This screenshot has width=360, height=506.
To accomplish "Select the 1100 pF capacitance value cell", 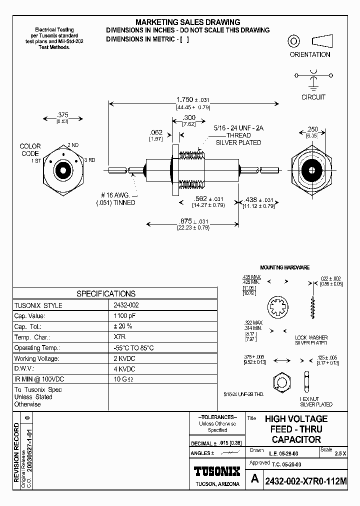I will [124, 316].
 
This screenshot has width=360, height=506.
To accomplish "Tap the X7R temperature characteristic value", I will [119, 337].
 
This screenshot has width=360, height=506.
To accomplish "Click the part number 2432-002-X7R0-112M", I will [305, 480].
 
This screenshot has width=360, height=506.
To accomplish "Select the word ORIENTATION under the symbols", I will [310, 54].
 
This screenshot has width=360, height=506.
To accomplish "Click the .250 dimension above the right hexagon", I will [312, 129].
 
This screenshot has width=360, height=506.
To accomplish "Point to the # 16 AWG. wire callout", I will [114, 195].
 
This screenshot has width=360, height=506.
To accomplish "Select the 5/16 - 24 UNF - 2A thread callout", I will [238, 128].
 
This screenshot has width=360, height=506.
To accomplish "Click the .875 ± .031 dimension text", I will [193, 221].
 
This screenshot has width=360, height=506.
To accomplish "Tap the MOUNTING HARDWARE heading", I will [284, 267].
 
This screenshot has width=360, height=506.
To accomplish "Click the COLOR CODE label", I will [30, 149].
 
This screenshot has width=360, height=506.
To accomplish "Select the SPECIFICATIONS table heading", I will [105, 293].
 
